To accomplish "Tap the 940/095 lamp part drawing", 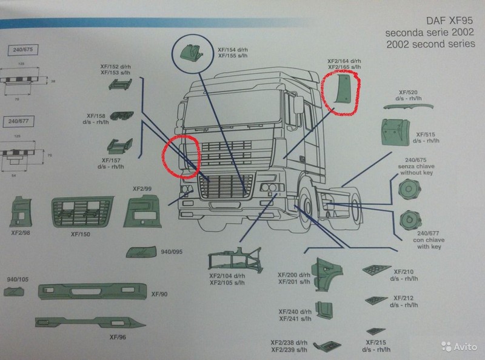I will [141, 252].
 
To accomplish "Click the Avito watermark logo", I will [458, 347].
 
